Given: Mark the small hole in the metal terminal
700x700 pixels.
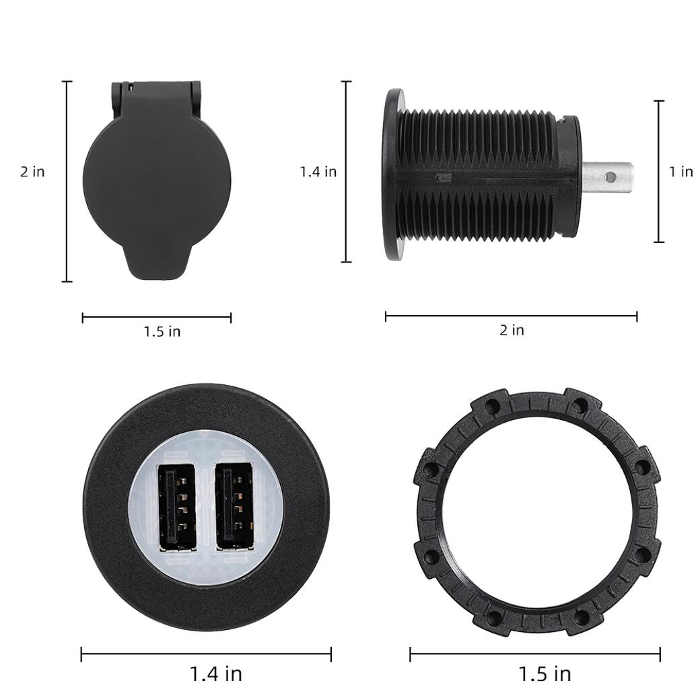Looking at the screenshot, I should [610, 178].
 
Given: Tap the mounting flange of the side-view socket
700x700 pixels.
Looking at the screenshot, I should [392, 173].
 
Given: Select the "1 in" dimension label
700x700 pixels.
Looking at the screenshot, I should [680, 172].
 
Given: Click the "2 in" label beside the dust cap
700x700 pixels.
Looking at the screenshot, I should [32, 172].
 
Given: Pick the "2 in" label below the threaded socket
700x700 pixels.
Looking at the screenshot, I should [512, 330].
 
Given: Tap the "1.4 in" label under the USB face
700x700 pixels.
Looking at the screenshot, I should [215, 673].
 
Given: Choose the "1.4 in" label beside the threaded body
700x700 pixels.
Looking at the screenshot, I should [318, 172].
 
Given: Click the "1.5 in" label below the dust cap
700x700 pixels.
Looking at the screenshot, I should [162, 331].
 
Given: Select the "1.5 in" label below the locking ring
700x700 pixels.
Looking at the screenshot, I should [544, 673].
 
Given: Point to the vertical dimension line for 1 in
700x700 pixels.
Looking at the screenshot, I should [660, 171].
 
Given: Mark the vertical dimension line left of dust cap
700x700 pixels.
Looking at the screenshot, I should [67, 182].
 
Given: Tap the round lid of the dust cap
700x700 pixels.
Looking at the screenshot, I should [157, 175].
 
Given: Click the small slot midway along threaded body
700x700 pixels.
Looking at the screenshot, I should [442, 178].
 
